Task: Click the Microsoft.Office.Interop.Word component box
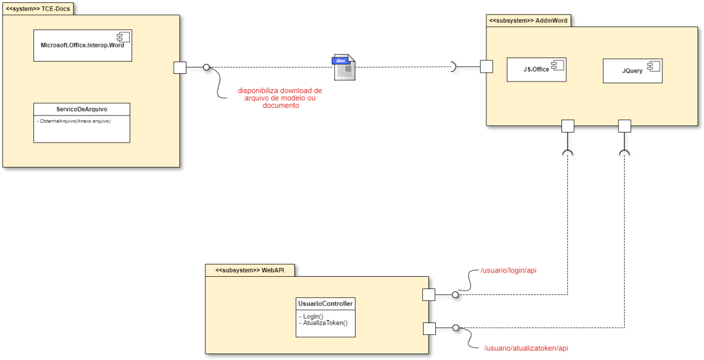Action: point(83,45)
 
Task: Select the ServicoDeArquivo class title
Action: point(82,109)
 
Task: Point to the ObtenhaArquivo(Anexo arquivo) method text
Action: point(73,121)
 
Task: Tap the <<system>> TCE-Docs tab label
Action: point(38,9)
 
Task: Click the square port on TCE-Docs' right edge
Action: point(180,67)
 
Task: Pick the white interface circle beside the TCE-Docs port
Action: point(206,67)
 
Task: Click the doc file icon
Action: point(344,67)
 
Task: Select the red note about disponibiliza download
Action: point(280,98)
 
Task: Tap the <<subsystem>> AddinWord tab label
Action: point(528,21)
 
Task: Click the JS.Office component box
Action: point(536,69)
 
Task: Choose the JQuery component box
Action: point(632,70)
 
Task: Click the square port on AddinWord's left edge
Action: point(486,66)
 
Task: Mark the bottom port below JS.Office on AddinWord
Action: point(567,125)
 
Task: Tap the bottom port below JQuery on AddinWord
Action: point(624,125)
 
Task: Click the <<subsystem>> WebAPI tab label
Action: point(249,270)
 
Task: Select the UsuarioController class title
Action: point(325,304)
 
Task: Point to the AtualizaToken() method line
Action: point(323,323)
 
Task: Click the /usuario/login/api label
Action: point(509,270)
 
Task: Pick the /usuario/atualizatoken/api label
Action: point(526,348)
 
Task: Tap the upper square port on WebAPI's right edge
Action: point(429,294)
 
